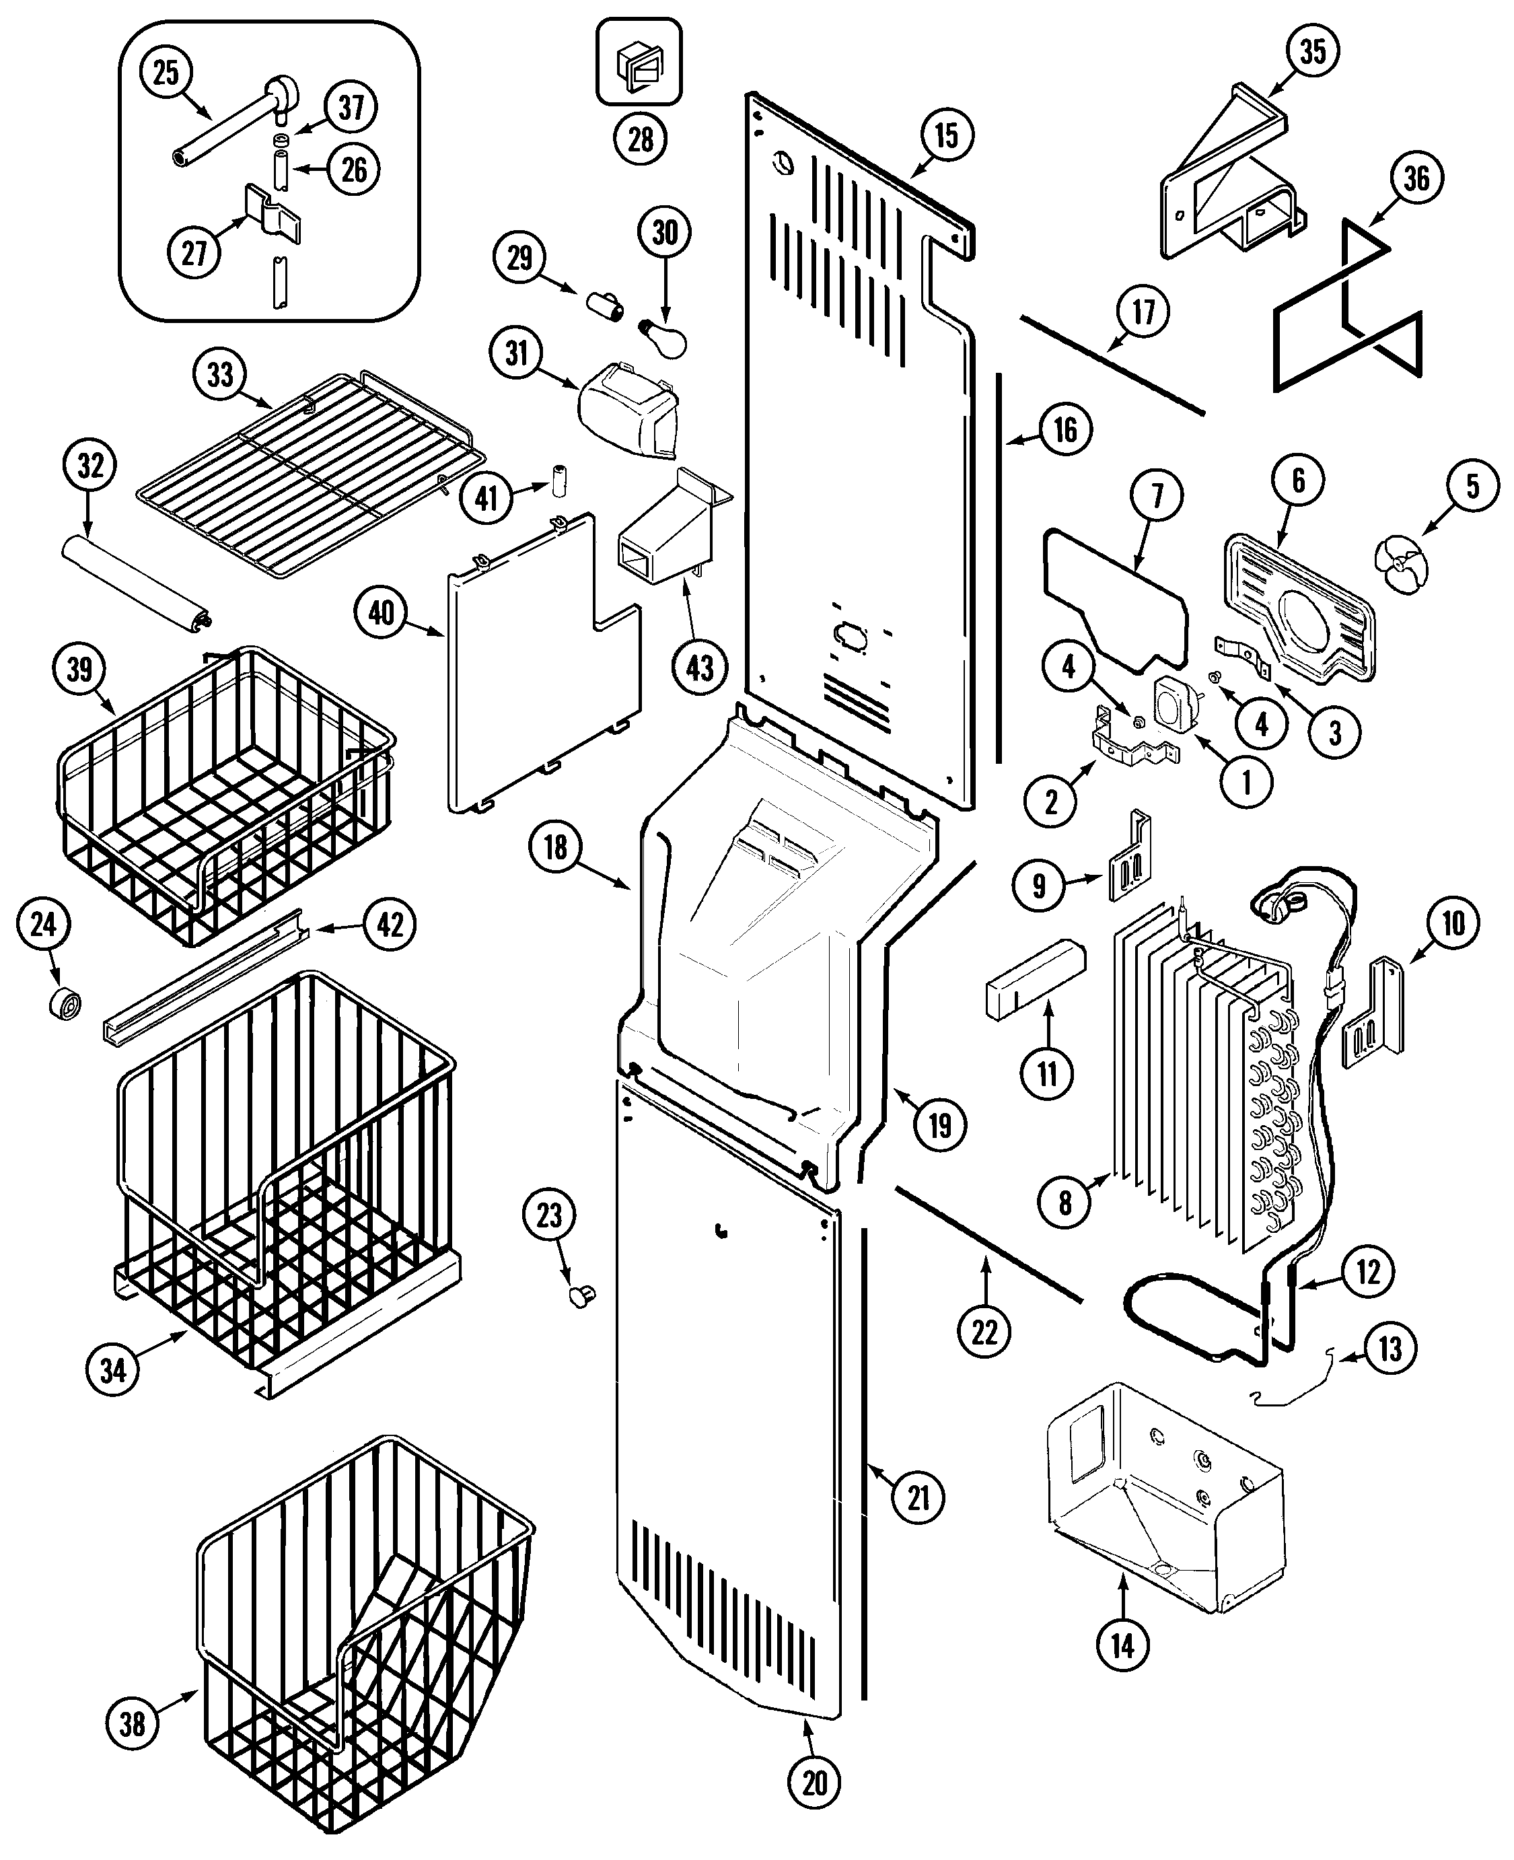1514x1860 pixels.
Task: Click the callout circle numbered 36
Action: [x=1416, y=178]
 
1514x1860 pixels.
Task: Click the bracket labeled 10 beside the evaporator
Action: [x=1376, y=1011]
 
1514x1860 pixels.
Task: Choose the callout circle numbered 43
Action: [x=699, y=668]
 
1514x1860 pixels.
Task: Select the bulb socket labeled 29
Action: [x=604, y=306]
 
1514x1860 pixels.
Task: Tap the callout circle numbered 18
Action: [x=554, y=847]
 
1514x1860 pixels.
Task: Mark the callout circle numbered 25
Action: [x=166, y=73]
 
